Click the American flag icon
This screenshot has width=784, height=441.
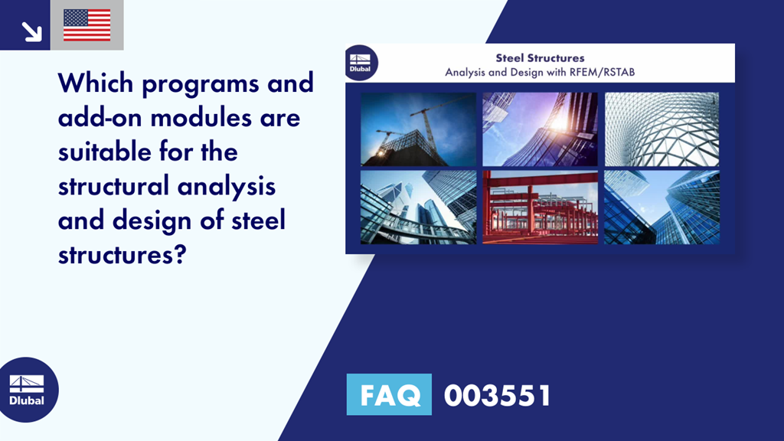pos(87,25)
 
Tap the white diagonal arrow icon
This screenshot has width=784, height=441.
pos(31,31)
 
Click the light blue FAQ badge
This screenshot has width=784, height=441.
pos(389,394)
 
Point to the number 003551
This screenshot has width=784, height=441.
pos(497,395)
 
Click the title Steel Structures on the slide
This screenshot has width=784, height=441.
pos(540,58)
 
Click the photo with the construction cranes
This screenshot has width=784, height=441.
pos(418,129)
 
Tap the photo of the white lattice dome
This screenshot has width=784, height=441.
pos(661,129)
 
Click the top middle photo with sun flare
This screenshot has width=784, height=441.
pos(540,129)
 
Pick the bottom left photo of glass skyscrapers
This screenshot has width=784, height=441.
pos(418,207)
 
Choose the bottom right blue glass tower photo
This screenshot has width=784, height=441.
pos(661,207)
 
